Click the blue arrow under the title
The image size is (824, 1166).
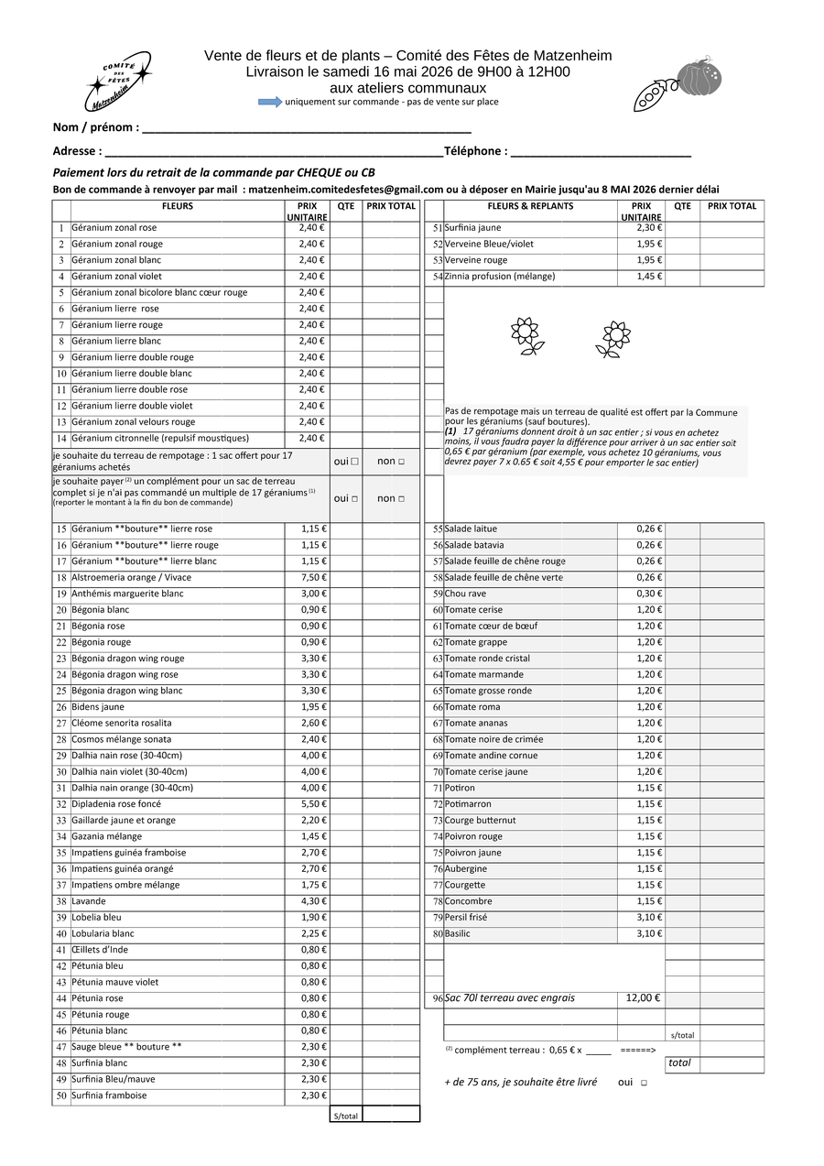(x=270, y=102)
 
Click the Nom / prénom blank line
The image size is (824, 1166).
(x=306, y=129)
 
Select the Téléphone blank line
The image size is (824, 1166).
(x=600, y=153)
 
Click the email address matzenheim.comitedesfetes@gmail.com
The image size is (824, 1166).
(x=347, y=190)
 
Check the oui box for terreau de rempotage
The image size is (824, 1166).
(x=354, y=462)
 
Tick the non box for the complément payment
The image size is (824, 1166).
(x=401, y=499)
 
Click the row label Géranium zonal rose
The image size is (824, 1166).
(x=114, y=228)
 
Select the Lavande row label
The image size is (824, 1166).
(x=89, y=901)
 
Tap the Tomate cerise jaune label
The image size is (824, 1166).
(x=486, y=772)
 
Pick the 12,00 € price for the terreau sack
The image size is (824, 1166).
(x=643, y=998)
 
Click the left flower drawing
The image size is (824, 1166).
(x=526, y=336)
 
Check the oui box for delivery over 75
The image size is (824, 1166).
(x=644, y=1083)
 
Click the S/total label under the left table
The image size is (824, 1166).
(x=346, y=1116)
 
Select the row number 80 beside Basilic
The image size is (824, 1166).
(x=438, y=934)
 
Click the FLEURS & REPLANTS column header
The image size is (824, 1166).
(x=530, y=207)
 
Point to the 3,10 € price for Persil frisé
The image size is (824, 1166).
(x=649, y=918)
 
